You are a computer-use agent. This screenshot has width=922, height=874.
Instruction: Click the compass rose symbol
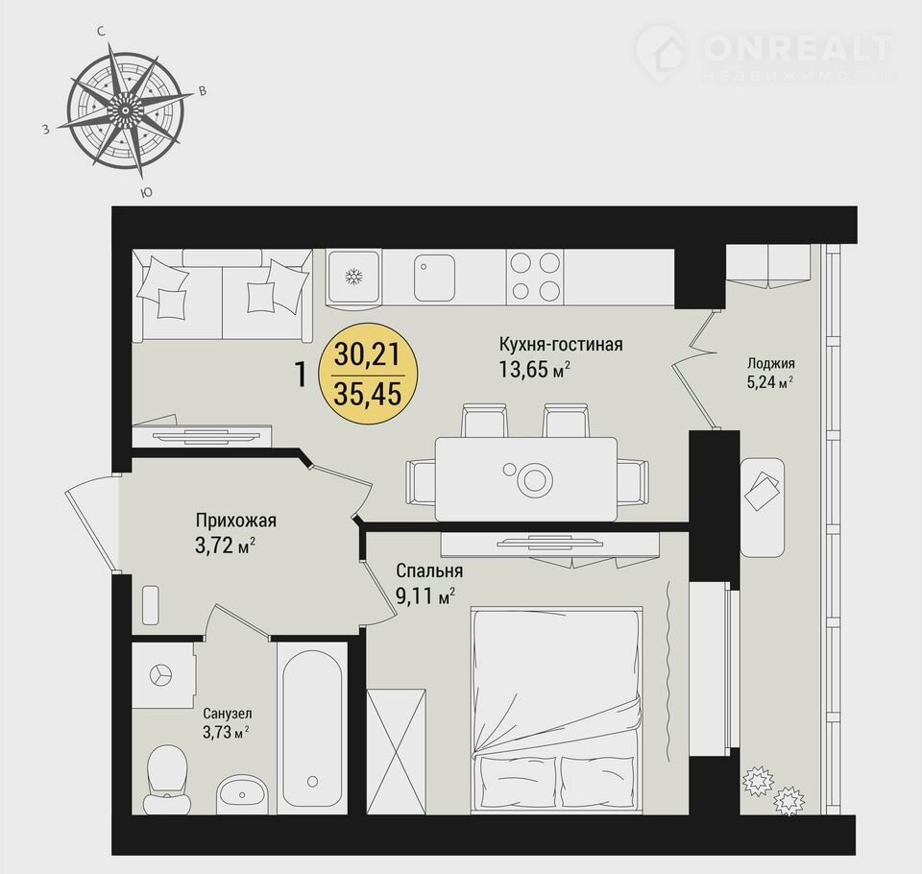[125, 110]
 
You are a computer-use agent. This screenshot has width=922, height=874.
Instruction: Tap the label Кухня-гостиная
[560, 344]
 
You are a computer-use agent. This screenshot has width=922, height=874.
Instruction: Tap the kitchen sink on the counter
[434, 277]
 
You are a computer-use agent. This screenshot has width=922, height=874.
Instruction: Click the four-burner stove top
[535, 277]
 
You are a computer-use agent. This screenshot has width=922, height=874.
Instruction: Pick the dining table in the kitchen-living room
[526, 478]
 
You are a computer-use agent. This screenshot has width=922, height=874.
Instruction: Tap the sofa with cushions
[222, 295]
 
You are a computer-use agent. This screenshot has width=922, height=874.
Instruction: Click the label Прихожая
[236, 521]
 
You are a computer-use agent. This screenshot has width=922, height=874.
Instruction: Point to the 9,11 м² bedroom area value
[425, 596]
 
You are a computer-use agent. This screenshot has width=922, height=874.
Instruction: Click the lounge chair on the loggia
[762, 507]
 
